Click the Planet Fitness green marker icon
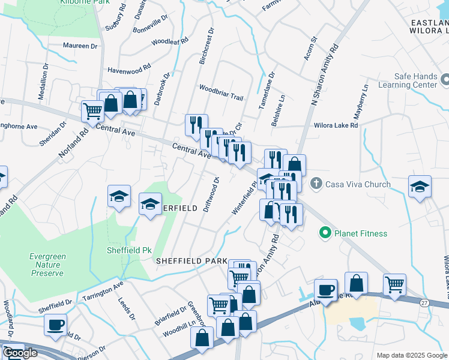pos(326,233)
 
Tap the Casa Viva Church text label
pos(358,184)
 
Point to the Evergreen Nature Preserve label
pos(47,265)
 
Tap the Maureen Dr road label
pos(80,46)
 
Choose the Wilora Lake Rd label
pos(336,126)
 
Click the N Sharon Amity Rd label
pos(325,76)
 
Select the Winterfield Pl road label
pos(246,199)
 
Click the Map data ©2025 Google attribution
pos(412,355)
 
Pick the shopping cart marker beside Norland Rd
pos(92,110)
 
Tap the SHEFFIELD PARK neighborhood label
pos(191,261)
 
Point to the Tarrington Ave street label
pos(103,290)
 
